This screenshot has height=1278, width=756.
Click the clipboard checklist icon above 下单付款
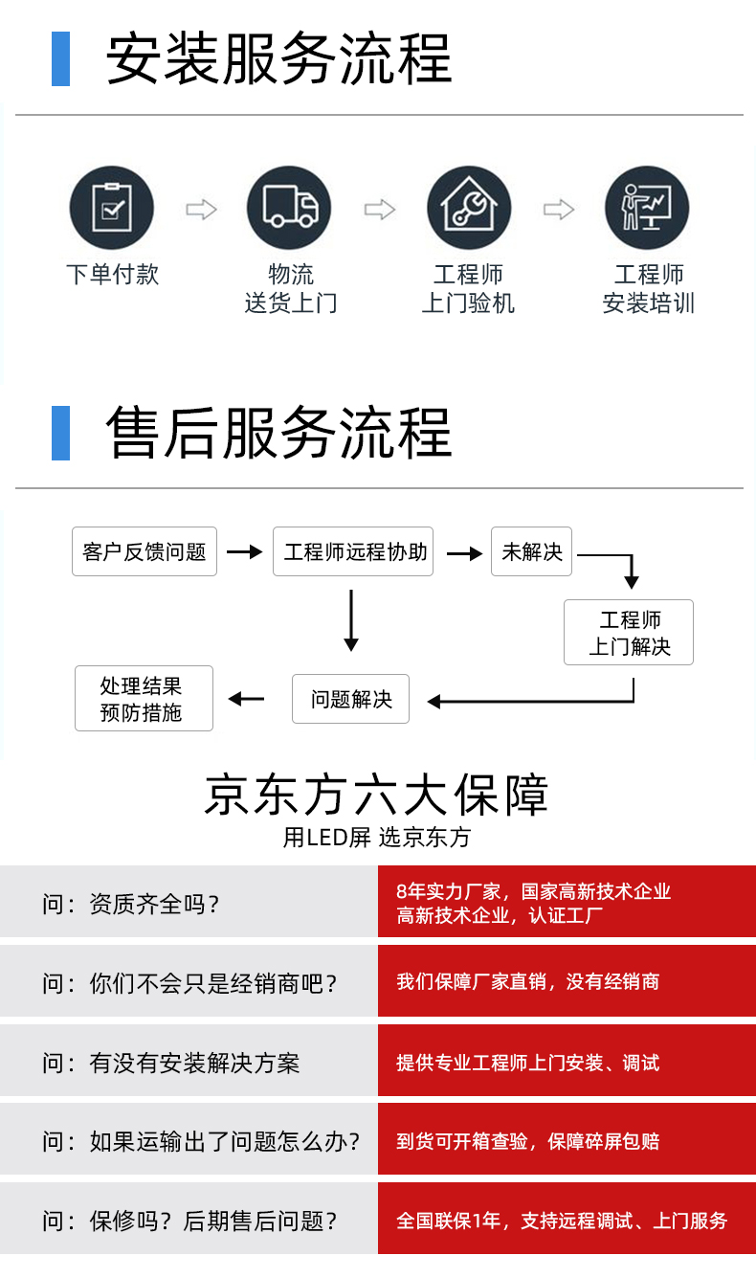112,208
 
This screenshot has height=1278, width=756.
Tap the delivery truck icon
289,208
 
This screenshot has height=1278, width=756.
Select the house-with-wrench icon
469,208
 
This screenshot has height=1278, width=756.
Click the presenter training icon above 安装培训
647,208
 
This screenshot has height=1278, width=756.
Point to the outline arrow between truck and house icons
380,210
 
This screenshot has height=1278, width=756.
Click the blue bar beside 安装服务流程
60,58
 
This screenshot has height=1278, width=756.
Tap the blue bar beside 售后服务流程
60,433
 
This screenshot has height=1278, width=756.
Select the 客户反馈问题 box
145,551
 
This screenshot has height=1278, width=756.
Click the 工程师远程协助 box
353,551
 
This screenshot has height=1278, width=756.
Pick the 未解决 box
531,551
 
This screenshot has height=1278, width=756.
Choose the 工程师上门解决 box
629,632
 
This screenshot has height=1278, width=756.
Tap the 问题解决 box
350,699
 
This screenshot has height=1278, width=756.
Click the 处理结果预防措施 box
144,698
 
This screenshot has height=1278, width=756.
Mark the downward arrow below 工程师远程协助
351,620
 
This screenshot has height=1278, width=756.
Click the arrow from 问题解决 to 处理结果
246,699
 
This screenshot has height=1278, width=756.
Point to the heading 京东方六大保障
377,795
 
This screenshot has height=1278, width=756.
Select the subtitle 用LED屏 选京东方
377,838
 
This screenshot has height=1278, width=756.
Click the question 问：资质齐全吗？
130,905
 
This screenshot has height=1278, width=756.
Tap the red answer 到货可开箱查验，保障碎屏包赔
528,1141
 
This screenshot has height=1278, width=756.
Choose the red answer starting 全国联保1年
562,1221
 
